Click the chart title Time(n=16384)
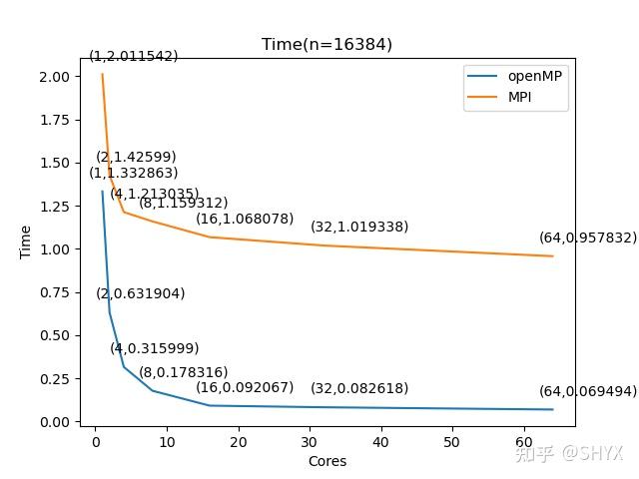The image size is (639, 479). point(326,45)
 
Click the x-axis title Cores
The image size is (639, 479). point(326,461)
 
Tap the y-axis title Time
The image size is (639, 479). point(27,242)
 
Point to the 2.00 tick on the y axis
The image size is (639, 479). point(54,77)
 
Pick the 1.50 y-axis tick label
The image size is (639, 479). point(54,163)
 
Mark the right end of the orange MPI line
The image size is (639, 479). point(552,256)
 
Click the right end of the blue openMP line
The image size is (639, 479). point(552,409)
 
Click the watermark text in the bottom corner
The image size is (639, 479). point(568,453)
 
